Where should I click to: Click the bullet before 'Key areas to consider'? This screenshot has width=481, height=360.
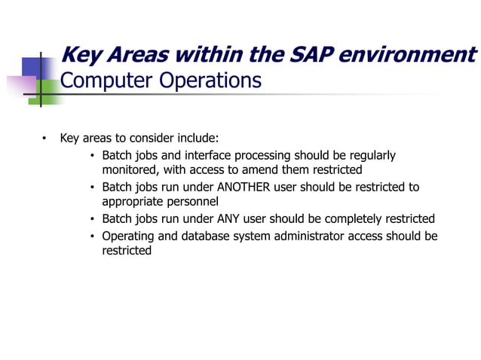[44, 139]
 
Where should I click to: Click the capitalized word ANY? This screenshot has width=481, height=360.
[231, 219]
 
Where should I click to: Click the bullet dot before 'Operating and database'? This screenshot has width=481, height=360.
[92, 236]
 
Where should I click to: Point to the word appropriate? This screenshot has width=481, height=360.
[133, 202]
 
